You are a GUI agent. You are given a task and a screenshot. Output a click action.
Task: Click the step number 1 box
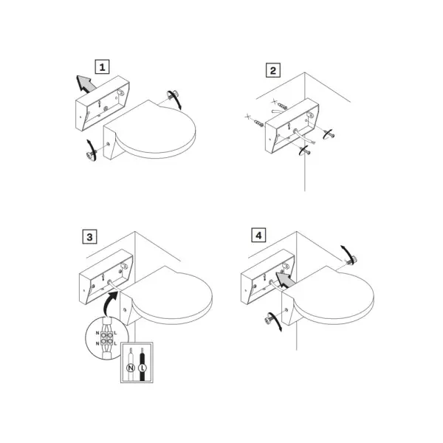[x=102, y=67]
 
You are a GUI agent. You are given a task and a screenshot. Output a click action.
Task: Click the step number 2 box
[x=273, y=70]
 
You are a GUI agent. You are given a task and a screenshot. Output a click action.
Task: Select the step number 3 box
[x=89, y=237]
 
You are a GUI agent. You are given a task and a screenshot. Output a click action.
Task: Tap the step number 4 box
[x=258, y=235]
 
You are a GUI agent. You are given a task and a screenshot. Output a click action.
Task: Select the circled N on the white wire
[x=131, y=368]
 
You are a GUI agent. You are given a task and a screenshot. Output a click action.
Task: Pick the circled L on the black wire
[x=142, y=368]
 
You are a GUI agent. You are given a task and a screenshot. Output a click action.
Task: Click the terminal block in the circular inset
[x=106, y=338]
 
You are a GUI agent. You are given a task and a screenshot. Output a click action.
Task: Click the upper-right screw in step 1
[x=173, y=95]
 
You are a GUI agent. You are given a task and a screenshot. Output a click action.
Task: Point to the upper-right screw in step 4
[x=351, y=260]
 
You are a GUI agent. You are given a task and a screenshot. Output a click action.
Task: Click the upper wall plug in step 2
[x=282, y=106]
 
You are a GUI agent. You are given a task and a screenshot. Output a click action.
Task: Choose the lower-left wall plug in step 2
[x=258, y=123]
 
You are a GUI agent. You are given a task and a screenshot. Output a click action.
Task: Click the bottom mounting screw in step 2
[x=306, y=151]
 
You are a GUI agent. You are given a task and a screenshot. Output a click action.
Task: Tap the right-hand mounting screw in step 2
[x=329, y=135]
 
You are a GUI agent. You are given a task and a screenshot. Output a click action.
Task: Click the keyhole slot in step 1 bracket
[x=99, y=103]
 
